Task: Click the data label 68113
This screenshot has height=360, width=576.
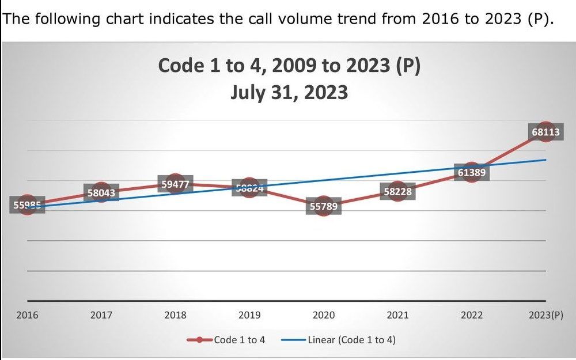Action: pos(545,132)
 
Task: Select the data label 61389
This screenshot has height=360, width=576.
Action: pos(471,172)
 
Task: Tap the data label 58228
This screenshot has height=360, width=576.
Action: pos(397,192)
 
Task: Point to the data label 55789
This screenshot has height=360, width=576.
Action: pos(323,206)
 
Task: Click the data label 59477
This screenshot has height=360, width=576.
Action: pos(175,184)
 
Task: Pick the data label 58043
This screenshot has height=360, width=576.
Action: pos(101,194)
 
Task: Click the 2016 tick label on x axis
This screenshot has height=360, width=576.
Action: pos(26,315)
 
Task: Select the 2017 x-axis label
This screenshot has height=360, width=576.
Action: pos(101,315)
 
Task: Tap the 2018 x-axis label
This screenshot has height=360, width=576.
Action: pos(175,315)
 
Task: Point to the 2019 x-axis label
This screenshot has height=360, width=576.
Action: pos(249,315)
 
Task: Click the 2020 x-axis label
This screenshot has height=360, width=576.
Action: pos(323,315)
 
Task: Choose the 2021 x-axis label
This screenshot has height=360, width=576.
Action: pos(397,315)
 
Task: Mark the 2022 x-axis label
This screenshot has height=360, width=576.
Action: pos(471,315)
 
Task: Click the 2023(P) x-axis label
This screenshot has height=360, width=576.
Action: pos(545,315)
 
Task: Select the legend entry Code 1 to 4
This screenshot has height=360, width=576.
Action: pos(239,339)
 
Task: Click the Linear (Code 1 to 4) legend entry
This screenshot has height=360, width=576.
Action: pos(351,339)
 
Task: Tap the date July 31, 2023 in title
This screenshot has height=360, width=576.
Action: pos(289,92)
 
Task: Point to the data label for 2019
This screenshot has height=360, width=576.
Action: pos(249,188)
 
